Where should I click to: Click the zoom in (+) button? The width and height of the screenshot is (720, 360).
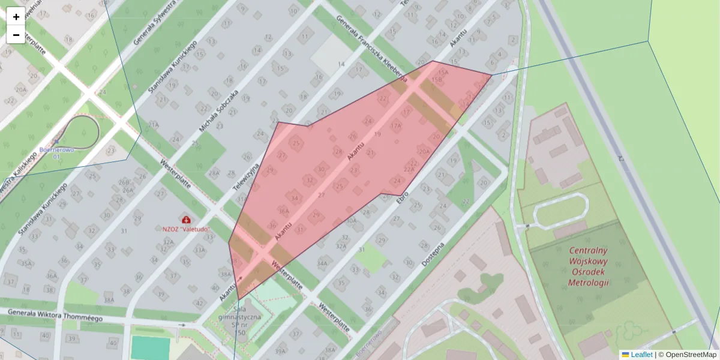(16, 17)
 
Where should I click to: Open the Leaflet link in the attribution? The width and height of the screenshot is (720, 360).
(641, 355)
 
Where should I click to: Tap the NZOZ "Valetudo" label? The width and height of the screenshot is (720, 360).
(186, 229)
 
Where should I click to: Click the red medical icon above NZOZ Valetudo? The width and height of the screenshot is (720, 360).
(186, 220)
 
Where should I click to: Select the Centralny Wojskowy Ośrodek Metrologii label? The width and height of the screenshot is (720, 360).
(588, 266)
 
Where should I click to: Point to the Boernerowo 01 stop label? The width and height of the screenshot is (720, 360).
(57, 153)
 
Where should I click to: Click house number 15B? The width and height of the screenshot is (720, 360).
(437, 79)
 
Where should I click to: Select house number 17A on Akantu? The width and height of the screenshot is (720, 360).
(395, 126)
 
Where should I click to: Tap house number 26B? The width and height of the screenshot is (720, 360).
(124, 182)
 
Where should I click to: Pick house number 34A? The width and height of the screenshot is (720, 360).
(322, 263)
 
